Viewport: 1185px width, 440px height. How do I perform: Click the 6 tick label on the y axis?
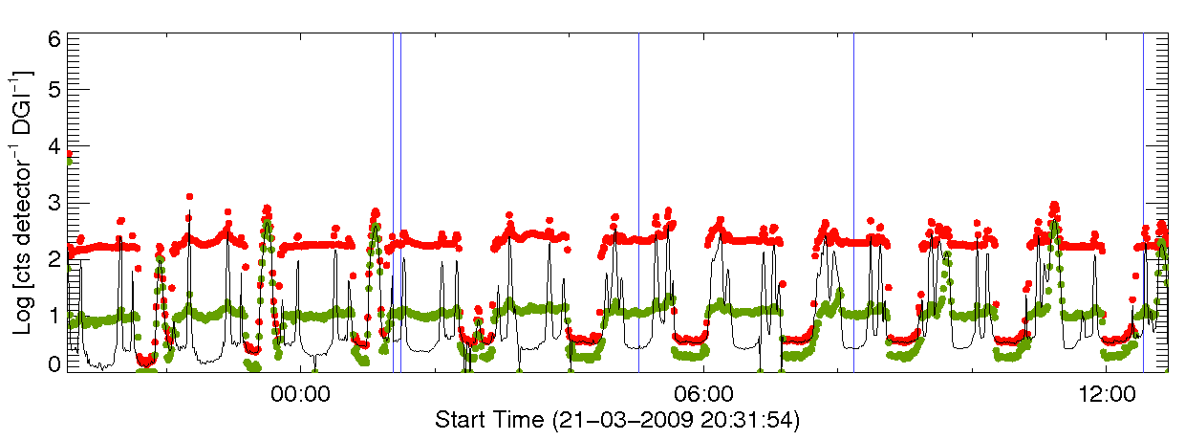(54, 39)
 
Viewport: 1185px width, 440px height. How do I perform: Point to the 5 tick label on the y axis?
(54, 89)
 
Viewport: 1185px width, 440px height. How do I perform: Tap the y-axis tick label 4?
(54, 145)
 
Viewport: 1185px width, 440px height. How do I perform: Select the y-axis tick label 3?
(54, 203)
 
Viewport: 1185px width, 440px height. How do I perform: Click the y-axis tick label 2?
(54, 258)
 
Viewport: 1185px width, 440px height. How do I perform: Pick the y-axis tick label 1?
(54, 316)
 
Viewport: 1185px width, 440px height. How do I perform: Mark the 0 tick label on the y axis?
(54, 364)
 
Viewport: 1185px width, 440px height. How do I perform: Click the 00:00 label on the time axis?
(300, 393)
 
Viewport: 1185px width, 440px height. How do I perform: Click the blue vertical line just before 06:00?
(638, 191)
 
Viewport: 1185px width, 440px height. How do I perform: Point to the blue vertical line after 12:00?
(1143, 191)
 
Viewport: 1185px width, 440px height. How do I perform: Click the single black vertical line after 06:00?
(853, 191)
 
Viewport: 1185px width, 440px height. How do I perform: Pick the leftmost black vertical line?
(393, 191)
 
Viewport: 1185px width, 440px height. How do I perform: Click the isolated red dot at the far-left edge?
(69, 153)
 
